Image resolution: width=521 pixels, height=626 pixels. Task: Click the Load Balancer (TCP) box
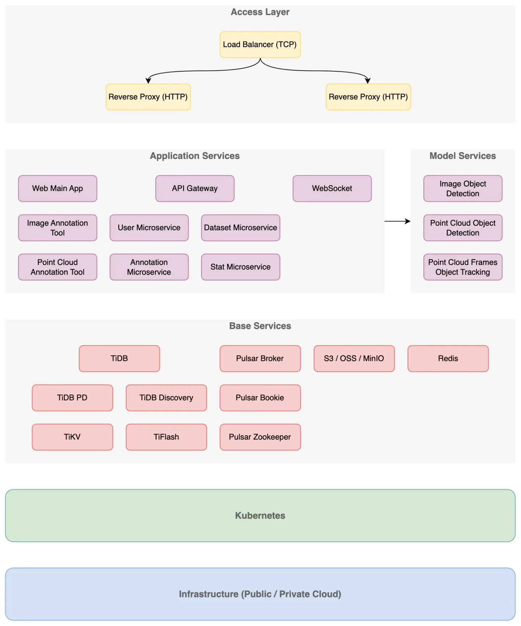click(x=260, y=45)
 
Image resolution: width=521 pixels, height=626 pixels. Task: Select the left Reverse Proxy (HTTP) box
click(x=148, y=97)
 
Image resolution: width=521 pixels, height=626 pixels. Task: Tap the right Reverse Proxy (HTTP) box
click(x=368, y=97)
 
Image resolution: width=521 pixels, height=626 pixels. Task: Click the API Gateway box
click(x=195, y=188)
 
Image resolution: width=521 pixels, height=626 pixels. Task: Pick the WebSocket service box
click(x=332, y=188)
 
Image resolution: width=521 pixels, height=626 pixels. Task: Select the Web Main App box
click(x=58, y=188)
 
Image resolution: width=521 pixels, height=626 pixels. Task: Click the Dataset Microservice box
click(x=240, y=227)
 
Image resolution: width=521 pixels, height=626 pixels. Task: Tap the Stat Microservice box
click(x=240, y=267)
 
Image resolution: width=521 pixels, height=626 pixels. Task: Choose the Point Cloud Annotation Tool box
click(x=58, y=267)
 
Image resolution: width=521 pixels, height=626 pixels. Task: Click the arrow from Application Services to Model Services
click(x=397, y=221)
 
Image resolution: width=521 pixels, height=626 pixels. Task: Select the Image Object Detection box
click(x=462, y=188)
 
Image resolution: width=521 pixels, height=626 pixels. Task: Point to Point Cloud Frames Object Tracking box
click(x=462, y=267)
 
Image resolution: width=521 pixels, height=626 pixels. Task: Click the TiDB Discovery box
click(x=166, y=398)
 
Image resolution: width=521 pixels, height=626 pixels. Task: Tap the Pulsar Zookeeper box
click(x=260, y=437)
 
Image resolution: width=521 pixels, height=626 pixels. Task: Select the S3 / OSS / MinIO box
click(x=354, y=358)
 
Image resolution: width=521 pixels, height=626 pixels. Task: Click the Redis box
click(x=448, y=358)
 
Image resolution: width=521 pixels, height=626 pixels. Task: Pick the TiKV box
click(x=72, y=437)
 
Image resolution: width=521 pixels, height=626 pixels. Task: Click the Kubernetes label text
click(x=260, y=516)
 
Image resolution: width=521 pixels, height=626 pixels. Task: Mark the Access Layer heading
click(x=260, y=12)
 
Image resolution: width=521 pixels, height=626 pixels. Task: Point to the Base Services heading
click(x=260, y=326)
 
